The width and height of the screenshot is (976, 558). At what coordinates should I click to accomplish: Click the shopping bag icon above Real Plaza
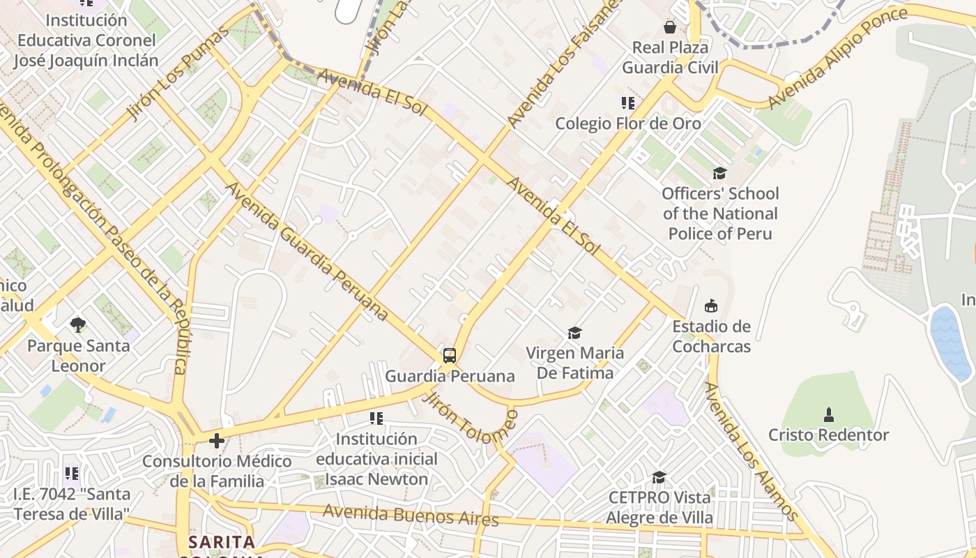[670, 27]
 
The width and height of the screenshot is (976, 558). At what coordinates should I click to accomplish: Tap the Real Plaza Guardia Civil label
[670, 57]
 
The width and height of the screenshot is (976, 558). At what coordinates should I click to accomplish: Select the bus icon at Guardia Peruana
[450, 356]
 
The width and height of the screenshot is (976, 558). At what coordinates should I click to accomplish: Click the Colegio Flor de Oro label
[627, 123]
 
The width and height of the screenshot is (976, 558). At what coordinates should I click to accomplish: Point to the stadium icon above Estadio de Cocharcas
[711, 306]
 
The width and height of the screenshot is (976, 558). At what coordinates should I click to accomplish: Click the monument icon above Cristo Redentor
[828, 415]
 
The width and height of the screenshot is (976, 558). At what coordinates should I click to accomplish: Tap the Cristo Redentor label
[828, 435]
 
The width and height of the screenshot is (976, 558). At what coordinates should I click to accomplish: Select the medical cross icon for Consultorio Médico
[217, 441]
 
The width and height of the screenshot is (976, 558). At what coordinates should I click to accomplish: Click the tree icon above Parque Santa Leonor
[78, 324]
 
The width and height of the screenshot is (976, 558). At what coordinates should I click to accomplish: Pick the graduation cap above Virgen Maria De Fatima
[574, 333]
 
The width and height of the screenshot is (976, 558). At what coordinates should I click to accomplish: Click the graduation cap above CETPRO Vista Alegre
[659, 477]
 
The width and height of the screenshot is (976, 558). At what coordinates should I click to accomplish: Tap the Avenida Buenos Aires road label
[411, 515]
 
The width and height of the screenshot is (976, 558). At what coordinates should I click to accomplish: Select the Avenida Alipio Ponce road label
[837, 58]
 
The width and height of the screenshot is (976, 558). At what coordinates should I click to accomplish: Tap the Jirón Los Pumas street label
[178, 74]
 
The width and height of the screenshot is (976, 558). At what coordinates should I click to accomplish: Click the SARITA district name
[222, 542]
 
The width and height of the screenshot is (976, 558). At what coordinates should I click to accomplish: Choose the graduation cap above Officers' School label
[719, 173]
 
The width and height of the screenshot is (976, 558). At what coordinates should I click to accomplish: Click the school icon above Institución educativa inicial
[376, 418]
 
